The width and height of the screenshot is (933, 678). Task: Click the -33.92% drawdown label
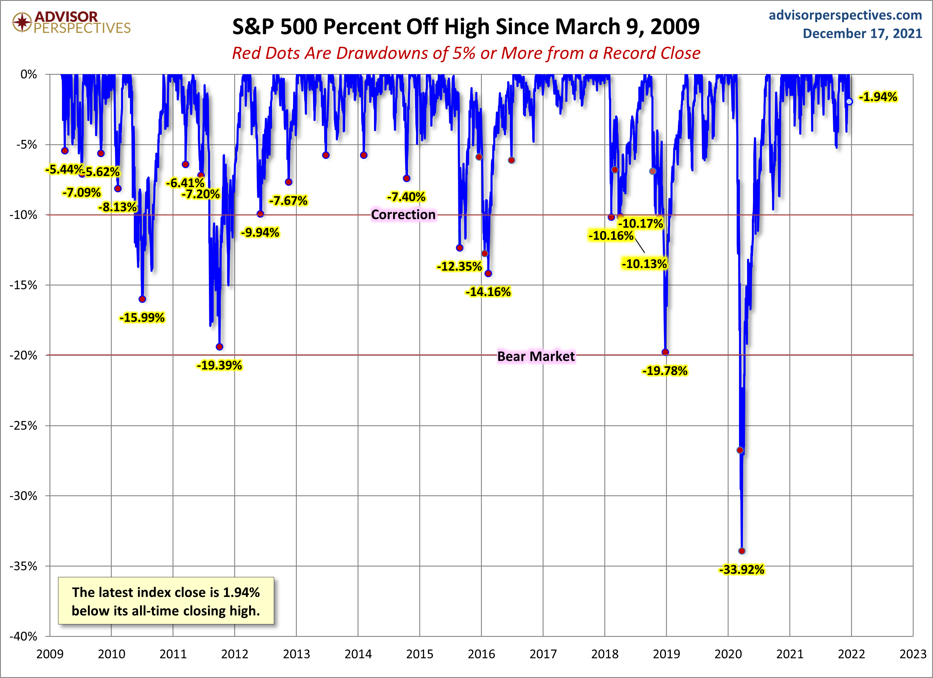click(x=741, y=570)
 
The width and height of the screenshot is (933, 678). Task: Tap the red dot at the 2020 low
click(x=742, y=551)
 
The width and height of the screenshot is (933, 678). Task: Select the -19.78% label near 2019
click(x=665, y=371)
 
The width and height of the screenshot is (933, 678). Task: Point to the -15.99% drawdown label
click(x=142, y=318)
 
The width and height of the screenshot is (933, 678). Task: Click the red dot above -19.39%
click(x=219, y=347)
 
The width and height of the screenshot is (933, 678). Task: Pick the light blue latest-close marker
click(x=849, y=102)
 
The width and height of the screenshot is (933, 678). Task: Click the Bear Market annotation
click(x=535, y=356)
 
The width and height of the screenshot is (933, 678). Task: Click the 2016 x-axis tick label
click(x=481, y=654)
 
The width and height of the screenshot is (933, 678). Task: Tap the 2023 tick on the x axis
click(x=913, y=654)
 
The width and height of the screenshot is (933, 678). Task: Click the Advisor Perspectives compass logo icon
click(x=22, y=22)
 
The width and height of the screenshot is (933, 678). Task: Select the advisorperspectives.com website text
click(x=845, y=15)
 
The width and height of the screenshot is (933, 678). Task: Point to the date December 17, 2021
click(x=862, y=33)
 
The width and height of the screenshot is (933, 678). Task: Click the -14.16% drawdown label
click(x=488, y=292)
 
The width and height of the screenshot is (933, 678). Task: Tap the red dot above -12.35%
click(x=459, y=248)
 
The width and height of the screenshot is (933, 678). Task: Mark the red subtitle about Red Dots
click(x=466, y=53)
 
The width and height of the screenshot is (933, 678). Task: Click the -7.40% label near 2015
click(x=406, y=197)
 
